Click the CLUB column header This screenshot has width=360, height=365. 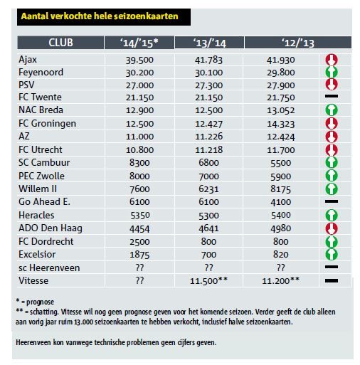60,43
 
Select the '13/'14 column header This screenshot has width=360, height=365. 209,43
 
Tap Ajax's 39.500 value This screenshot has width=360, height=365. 139,60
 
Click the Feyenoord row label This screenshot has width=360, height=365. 41,73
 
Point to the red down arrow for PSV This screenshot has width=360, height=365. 332,85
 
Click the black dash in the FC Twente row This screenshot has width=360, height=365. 332,96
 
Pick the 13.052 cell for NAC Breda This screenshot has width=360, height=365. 281,110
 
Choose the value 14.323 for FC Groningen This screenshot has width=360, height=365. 281,124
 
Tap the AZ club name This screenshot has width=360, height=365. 24,136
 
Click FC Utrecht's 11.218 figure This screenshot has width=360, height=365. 208,149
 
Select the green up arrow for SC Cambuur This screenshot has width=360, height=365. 332,162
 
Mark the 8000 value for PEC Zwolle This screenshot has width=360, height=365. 139,176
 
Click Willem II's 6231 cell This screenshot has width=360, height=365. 208,189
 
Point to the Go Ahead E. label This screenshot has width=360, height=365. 44,201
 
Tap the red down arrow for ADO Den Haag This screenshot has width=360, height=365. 332,228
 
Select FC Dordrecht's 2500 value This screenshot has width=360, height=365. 139,242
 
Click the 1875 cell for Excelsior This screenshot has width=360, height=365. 139,255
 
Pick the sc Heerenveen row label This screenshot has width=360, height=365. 49,268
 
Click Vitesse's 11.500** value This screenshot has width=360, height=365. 208,281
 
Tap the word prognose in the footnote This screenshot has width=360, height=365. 40,302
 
